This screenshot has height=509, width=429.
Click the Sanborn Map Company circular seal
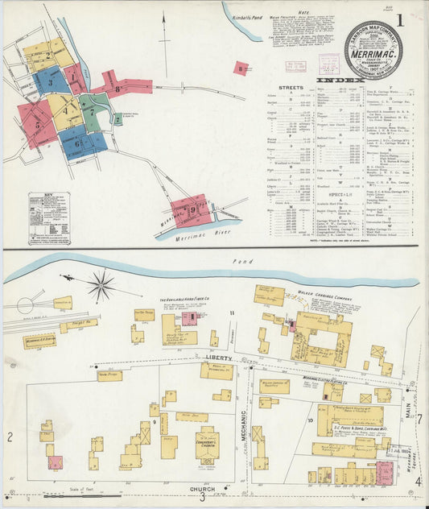pyautogui.click(x=373, y=50)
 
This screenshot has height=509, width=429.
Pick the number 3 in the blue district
pyautogui.click(x=50, y=81)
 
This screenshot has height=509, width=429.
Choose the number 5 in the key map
pyautogui.click(x=36, y=124)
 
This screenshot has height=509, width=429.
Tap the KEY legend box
pyautogui.click(x=49, y=217)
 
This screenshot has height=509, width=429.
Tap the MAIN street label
pyautogui.click(x=408, y=412)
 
